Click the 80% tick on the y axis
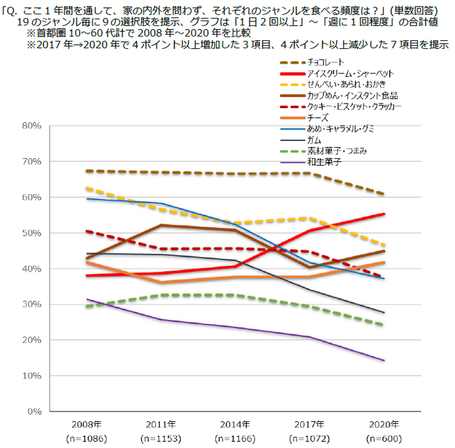click(32, 126)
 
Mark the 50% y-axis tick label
click(32, 233)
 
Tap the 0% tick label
click(34, 412)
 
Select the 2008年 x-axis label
click(86, 424)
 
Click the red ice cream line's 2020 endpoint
click(383, 214)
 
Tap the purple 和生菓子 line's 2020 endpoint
click(383, 360)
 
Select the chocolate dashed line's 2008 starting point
click(86, 171)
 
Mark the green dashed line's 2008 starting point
click(86, 306)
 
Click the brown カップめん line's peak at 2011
click(161, 225)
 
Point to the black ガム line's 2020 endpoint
click(383, 313)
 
